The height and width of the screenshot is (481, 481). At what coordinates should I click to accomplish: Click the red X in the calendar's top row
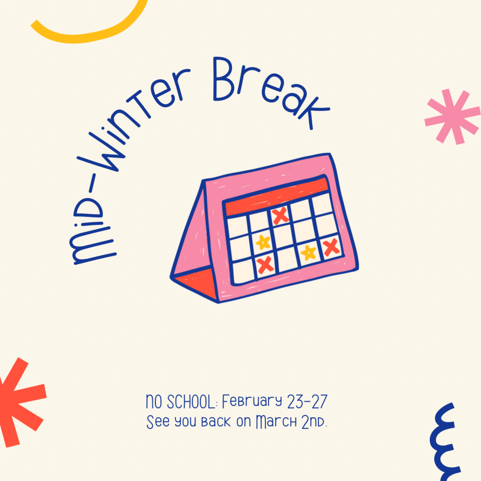[280, 216]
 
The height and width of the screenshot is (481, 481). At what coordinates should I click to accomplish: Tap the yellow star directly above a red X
[263, 242]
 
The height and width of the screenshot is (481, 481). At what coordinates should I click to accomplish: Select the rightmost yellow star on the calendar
[309, 253]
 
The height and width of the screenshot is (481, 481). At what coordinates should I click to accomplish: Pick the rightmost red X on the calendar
[331, 247]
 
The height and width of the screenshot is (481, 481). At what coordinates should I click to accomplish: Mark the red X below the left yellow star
[265, 265]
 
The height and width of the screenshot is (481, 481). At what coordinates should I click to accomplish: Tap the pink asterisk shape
[452, 116]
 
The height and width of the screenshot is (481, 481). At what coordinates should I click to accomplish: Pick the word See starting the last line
[157, 421]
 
